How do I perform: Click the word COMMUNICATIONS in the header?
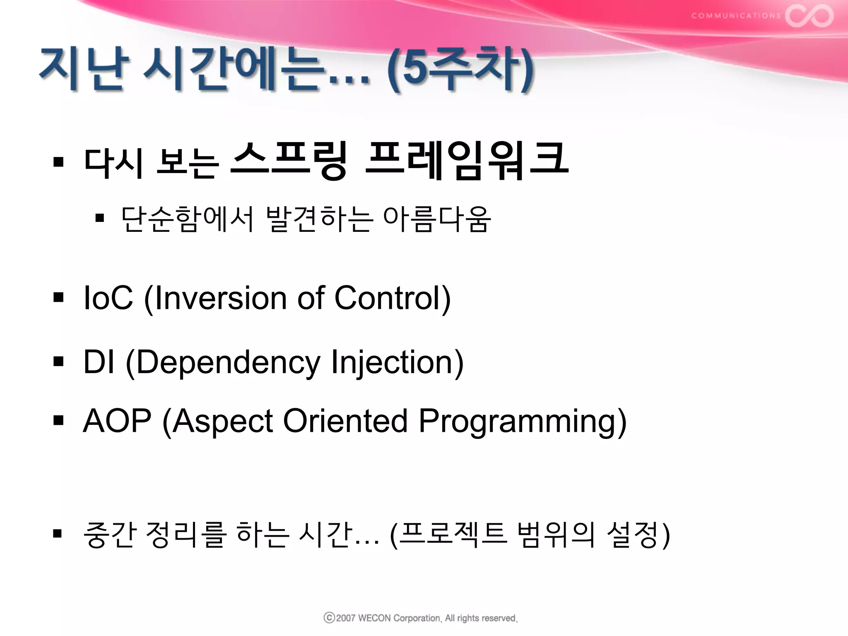(736, 16)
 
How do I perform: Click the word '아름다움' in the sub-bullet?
(437, 219)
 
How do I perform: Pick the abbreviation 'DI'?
(99, 361)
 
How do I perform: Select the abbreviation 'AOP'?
(117, 421)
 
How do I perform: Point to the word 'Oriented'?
(345, 421)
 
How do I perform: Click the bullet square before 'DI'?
(58, 361)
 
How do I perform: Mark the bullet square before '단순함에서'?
(99, 218)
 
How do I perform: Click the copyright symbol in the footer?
(329, 617)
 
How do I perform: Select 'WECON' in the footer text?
(374, 618)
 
